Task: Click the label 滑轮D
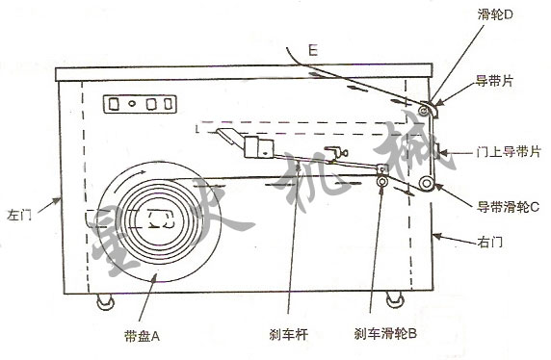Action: (x=495, y=14)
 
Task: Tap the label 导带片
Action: (x=494, y=81)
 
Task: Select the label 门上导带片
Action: (x=509, y=152)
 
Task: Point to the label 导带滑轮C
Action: (x=508, y=207)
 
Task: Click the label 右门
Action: (x=490, y=242)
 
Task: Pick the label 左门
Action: (x=19, y=215)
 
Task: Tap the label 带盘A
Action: (x=142, y=337)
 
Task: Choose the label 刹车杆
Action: (x=288, y=334)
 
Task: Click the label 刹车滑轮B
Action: (x=385, y=333)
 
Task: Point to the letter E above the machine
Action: (x=313, y=50)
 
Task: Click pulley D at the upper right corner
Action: (x=425, y=111)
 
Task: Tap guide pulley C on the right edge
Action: (x=427, y=183)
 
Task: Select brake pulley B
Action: (x=382, y=182)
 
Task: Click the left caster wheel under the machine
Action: (x=105, y=301)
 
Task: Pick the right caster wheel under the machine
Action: (x=395, y=299)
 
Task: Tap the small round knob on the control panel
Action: (x=132, y=104)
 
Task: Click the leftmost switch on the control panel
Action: (x=114, y=104)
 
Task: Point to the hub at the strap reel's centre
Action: (x=160, y=219)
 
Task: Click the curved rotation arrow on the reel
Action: (x=129, y=175)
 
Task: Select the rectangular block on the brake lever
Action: (x=258, y=147)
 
